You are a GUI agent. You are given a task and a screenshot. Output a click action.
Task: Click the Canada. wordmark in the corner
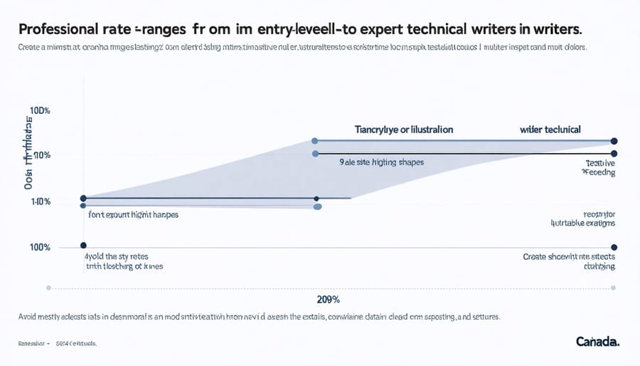pyautogui.click(x=597, y=342)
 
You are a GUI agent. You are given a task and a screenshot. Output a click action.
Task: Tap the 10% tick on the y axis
pyautogui.click(x=41, y=155)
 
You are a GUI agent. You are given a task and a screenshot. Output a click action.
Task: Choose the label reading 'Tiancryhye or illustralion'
pyautogui.click(x=403, y=130)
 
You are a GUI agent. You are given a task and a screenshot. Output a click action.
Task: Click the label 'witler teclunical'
pyautogui.click(x=550, y=130)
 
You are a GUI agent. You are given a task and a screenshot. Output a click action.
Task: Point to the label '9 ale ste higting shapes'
pyautogui.click(x=381, y=162)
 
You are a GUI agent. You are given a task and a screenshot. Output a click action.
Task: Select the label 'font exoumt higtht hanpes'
pyautogui.click(x=133, y=214)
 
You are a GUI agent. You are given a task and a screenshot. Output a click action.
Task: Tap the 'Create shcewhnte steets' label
pyautogui.click(x=569, y=256)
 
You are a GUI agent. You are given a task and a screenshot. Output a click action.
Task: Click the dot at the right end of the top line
pyautogui.click(x=614, y=141)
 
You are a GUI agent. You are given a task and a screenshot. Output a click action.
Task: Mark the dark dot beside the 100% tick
pyautogui.click(x=83, y=245)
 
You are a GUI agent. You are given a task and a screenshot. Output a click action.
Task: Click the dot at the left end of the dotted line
pyautogui.click(x=48, y=288)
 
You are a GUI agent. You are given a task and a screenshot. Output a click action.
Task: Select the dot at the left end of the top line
pyautogui.click(x=315, y=141)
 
